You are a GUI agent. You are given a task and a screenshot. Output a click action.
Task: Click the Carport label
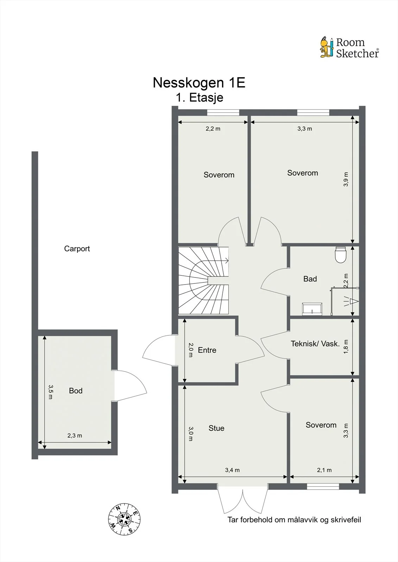pyautogui.click(x=77, y=249)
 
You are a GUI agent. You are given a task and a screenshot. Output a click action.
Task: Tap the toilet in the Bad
pyautogui.click(x=341, y=255)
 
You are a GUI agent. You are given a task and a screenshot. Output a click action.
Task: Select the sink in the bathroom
pyautogui.click(x=312, y=309)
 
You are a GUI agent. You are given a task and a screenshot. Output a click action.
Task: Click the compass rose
pyautogui.click(x=124, y=519)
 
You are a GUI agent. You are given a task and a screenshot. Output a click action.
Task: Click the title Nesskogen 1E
pyautogui.click(x=199, y=82)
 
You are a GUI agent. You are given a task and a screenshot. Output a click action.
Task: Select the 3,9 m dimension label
pyautogui.click(x=346, y=179)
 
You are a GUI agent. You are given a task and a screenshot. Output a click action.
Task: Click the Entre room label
pyautogui.click(x=207, y=350)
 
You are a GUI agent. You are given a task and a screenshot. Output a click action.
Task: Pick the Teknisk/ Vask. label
pyautogui.click(x=315, y=344)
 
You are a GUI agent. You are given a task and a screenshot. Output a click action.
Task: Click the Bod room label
pyautogui.click(x=76, y=391)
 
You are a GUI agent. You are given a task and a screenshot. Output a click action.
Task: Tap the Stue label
pyautogui.click(x=216, y=428)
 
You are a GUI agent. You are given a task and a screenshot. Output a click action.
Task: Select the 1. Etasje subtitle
pyautogui.click(x=200, y=97)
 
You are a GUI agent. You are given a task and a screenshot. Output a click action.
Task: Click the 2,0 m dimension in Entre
pyautogui.click(x=191, y=350)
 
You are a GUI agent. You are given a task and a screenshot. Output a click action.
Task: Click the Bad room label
pyautogui.click(x=310, y=279)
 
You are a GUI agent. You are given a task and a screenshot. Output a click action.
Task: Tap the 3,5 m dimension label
pyautogui.click(x=51, y=392)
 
